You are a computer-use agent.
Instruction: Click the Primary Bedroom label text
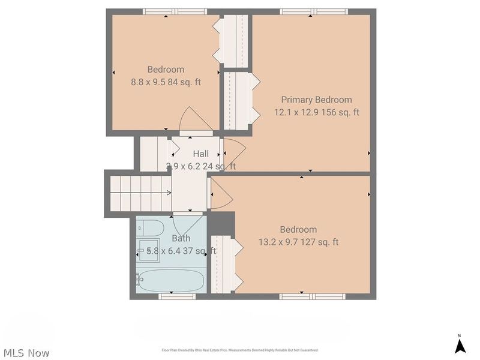click(x=316, y=100)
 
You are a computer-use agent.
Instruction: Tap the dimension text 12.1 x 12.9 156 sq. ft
click(x=316, y=112)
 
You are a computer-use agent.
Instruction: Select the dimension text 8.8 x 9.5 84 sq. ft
click(x=166, y=82)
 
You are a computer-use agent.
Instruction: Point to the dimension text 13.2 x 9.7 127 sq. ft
click(x=298, y=242)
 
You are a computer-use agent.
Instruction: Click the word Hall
click(x=200, y=154)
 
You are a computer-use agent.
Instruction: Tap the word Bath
click(x=181, y=238)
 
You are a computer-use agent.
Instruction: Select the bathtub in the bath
click(x=171, y=280)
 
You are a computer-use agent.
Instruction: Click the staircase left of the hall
click(x=138, y=192)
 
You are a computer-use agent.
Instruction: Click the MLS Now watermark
click(x=26, y=353)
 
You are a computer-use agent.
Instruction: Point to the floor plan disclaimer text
click(x=240, y=350)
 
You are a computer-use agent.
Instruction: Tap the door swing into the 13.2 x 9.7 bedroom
click(x=221, y=193)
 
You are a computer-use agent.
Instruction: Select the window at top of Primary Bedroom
click(x=314, y=11)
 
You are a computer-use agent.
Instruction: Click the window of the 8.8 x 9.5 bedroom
click(x=174, y=11)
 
